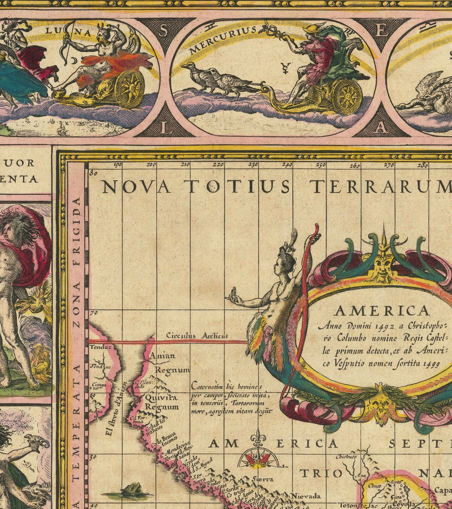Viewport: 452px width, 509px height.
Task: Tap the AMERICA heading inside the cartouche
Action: (382, 310)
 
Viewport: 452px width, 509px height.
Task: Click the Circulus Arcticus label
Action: (197, 336)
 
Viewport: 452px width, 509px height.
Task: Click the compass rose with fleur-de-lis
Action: (258, 455)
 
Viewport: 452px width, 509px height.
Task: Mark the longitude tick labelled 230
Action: (254, 164)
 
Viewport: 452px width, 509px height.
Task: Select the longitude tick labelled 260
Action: (356, 164)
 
